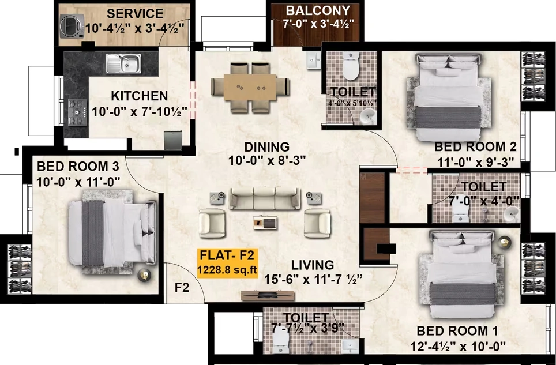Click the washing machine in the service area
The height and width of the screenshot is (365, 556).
(72, 26)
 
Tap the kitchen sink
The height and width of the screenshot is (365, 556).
(123, 64)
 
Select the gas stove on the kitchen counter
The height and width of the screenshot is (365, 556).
(77, 112)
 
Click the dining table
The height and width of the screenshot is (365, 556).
(250, 87)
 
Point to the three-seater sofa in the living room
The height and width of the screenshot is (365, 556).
(264, 198)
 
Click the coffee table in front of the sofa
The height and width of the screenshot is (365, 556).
(265, 223)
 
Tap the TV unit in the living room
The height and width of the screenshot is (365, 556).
(268, 295)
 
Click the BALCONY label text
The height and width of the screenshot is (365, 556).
(318, 10)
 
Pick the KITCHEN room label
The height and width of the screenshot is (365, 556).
(140, 96)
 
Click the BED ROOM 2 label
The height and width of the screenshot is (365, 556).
(475, 146)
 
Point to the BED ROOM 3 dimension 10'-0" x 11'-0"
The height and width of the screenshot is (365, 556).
(78, 182)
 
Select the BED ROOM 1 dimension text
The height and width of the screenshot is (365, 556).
(457, 346)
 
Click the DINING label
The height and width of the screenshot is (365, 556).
(266, 146)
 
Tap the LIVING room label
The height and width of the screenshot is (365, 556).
(313, 265)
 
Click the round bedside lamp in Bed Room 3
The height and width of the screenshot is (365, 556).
(144, 275)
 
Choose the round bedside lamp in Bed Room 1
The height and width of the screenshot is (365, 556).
(505, 242)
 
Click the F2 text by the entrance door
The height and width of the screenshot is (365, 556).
(182, 288)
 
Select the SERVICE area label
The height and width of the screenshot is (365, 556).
(135, 13)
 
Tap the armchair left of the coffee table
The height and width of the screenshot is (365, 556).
(212, 223)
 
